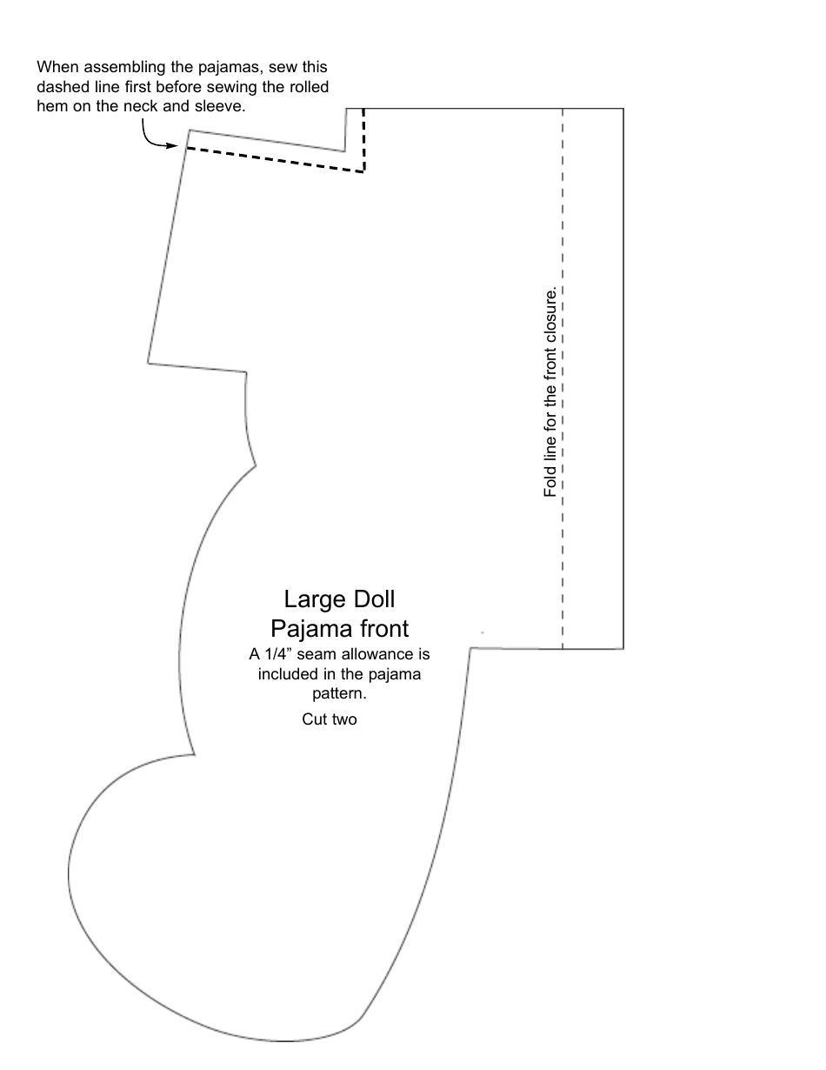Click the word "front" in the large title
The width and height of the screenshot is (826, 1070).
[381, 627]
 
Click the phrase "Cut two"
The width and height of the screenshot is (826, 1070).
[330, 719]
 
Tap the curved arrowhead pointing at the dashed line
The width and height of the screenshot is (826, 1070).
[177, 146]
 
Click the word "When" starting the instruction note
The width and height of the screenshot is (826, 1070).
[57, 67]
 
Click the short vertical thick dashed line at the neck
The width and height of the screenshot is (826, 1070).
[363, 139]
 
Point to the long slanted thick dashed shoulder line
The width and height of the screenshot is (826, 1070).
[274, 160]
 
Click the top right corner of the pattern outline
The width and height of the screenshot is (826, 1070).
[623, 109]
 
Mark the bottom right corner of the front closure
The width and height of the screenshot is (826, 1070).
[623, 648]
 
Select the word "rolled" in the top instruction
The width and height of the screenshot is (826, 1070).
[310, 86]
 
